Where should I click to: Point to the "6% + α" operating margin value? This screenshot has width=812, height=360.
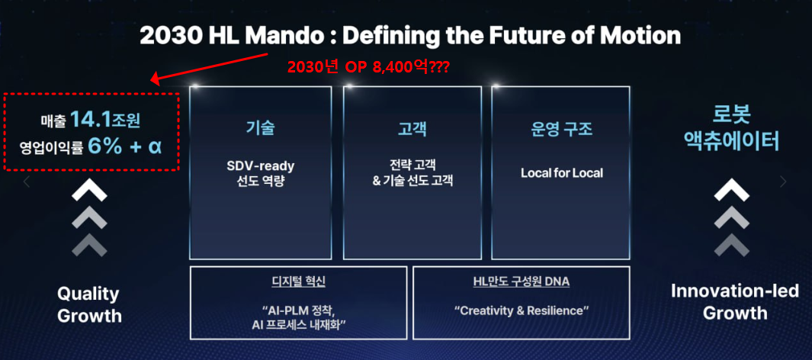[x=125, y=146]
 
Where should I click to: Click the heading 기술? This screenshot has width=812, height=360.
[x=261, y=128]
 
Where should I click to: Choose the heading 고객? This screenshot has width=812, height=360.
[x=412, y=128]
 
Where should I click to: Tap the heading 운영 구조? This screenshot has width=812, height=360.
[x=561, y=128]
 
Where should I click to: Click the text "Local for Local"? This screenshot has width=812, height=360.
[x=562, y=173]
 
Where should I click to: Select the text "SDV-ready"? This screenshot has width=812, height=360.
[x=261, y=166]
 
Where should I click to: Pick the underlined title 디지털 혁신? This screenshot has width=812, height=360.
[x=299, y=281]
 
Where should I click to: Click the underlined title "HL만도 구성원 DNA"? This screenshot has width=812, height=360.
[x=521, y=281]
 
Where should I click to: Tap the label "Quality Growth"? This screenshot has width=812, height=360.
[x=90, y=304]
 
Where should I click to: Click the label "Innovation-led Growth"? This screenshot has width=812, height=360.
[x=735, y=301]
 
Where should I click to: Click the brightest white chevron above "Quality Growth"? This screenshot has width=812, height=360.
[x=89, y=191]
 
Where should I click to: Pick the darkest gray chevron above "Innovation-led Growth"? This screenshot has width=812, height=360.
[x=732, y=245]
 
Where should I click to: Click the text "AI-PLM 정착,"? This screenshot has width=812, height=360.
[x=299, y=313]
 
